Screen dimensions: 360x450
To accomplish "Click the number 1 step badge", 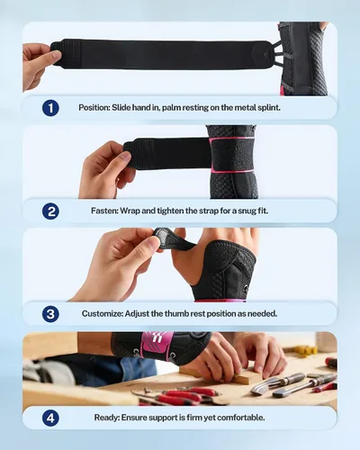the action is click(x=50, y=108).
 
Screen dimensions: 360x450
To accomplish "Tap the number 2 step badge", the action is click(x=50, y=211).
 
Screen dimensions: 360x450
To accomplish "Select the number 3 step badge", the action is click(x=50, y=314).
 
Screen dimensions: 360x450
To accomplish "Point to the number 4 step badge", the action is click(x=50, y=418).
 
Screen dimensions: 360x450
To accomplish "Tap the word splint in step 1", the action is click(x=269, y=107).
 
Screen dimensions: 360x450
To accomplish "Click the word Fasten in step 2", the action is click(x=104, y=211).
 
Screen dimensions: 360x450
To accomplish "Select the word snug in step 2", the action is click(x=247, y=211).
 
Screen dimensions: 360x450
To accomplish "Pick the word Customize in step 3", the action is click(x=103, y=314).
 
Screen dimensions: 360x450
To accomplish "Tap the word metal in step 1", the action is click(x=246, y=107).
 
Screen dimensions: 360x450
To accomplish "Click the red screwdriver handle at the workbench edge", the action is click(x=331, y=364).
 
